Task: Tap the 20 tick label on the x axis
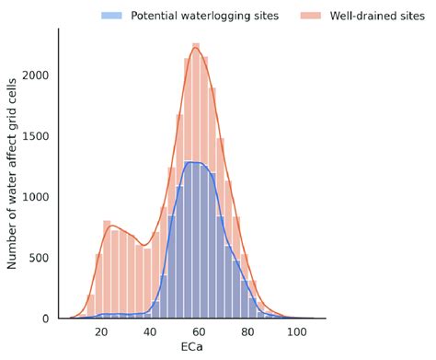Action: pos(101,332)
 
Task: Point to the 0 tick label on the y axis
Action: pos(48,319)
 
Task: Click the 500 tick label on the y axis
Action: pos(40,258)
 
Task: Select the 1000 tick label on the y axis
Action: pos(37,197)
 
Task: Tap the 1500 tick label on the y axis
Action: pos(37,136)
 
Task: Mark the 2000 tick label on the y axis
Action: pos(37,75)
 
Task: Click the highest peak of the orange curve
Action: pos(195,49)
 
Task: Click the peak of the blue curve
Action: pos(194,162)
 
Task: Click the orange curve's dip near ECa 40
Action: pos(143,245)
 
